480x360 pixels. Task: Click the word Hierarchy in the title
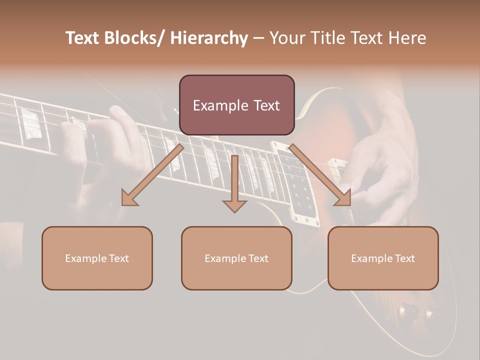(x=209, y=38)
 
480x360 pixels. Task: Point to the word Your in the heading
(x=287, y=38)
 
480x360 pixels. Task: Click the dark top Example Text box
(x=236, y=105)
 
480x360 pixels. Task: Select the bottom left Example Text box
(x=97, y=258)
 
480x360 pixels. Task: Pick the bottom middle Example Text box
(x=236, y=258)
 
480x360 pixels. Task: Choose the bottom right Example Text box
(x=383, y=258)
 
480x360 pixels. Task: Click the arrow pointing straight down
(x=234, y=185)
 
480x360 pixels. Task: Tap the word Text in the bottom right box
(x=404, y=258)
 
